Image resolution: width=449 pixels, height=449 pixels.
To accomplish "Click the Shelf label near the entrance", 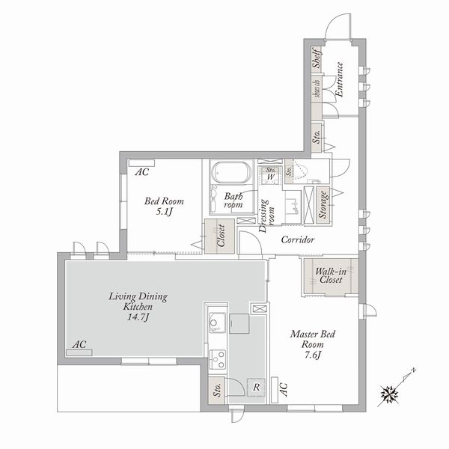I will point(317,59).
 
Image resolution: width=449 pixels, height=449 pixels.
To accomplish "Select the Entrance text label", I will point(338,80).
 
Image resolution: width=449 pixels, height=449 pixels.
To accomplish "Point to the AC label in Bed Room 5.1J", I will point(141,172).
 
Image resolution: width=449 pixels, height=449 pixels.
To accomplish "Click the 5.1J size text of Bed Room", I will point(164,213).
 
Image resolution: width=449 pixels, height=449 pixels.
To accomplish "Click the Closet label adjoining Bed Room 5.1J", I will point(222,236).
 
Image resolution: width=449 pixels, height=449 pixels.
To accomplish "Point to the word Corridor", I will point(297,240).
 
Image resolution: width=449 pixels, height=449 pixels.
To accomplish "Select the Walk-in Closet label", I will point(329,275).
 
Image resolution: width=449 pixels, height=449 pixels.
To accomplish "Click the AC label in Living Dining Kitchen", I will point(79,345).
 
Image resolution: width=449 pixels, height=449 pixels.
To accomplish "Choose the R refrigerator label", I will point(256,388).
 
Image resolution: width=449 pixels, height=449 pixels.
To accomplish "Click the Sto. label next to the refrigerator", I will point(216,391).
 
